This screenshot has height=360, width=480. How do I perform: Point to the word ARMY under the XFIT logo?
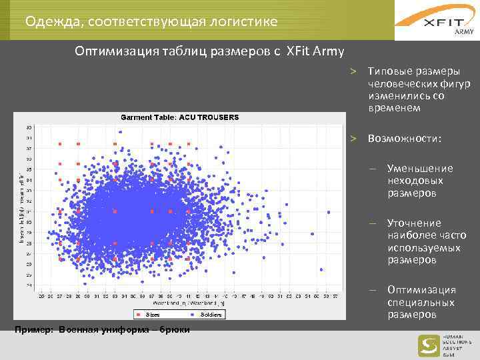(x=463, y=32)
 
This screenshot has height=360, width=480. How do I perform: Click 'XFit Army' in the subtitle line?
(x=315, y=51)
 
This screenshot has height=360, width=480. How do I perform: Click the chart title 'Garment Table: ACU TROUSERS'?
(x=179, y=117)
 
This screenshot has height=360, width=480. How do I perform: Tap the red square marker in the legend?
(x=139, y=314)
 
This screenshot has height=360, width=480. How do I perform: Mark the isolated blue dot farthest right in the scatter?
(x=329, y=212)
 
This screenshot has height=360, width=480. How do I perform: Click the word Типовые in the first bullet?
(x=388, y=71)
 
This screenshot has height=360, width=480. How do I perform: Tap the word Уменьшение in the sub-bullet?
(x=419, y=168)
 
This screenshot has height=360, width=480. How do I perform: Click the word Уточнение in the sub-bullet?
(x=413, y=223)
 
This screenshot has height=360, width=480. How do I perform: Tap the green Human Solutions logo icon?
(x=427, y=345)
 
